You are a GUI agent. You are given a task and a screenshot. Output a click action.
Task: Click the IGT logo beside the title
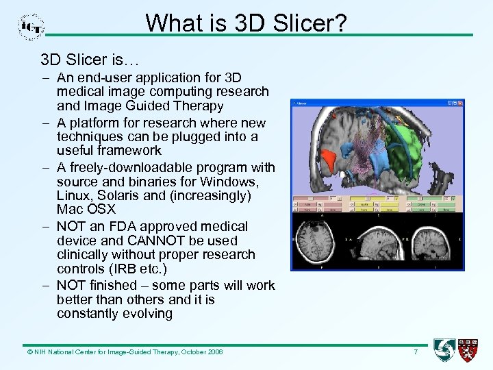(31, 25)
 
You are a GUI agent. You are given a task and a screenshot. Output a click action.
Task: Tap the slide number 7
(415, 351)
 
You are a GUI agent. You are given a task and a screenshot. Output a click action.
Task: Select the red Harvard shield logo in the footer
(468, 350)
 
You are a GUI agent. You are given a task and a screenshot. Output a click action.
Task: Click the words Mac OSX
(86, 210)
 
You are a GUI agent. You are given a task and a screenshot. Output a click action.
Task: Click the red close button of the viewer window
(460, 104)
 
